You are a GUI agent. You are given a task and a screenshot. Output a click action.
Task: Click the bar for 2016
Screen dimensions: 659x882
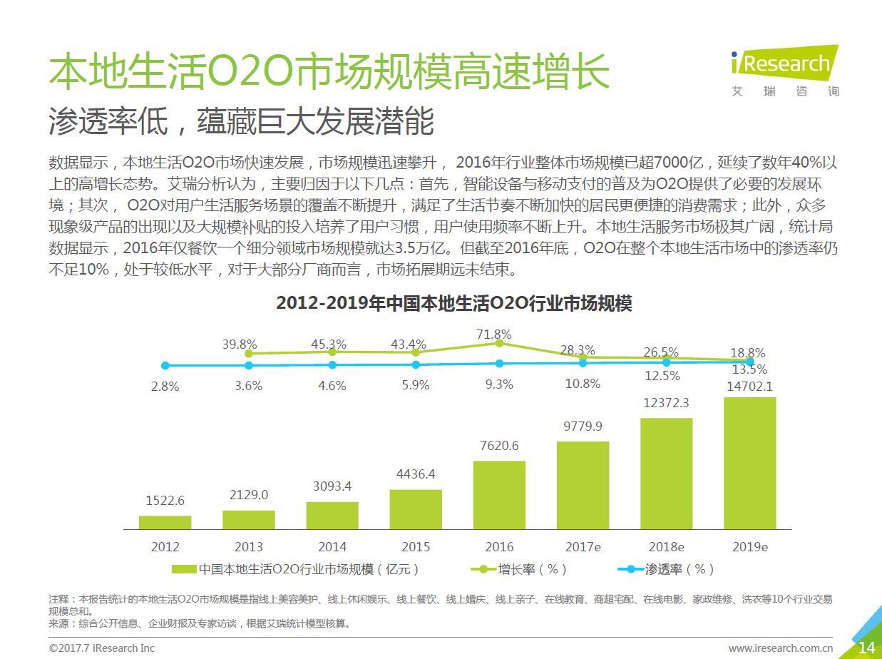point(499,494)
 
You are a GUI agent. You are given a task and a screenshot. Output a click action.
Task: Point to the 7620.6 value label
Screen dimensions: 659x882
point(499,446)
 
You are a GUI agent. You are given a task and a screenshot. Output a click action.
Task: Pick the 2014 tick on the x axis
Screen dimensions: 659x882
point(332,547)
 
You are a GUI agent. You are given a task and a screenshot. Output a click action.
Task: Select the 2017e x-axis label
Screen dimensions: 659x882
point(583,547)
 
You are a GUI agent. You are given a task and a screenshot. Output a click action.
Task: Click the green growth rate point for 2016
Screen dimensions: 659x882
point(499,343)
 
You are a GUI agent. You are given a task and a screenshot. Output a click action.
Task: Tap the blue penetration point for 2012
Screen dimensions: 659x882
point(165,365)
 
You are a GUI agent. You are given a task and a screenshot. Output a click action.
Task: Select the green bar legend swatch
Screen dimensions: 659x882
point(184,569)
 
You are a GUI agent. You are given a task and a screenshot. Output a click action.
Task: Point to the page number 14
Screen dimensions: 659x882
point(866,647)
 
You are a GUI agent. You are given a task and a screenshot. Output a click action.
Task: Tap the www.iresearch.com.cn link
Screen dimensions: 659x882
point(780,648)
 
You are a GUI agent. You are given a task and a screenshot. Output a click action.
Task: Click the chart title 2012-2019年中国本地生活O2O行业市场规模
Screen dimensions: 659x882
point(454,303)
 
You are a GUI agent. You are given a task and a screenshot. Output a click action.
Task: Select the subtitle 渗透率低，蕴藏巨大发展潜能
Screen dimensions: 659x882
point(241,122)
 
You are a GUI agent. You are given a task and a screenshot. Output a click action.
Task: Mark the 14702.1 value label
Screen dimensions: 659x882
point(749,387)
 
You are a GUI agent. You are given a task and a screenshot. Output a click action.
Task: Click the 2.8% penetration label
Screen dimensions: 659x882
point(165,386)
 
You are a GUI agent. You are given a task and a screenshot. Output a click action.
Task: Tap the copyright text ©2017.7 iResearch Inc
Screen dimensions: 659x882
point(101,648)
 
